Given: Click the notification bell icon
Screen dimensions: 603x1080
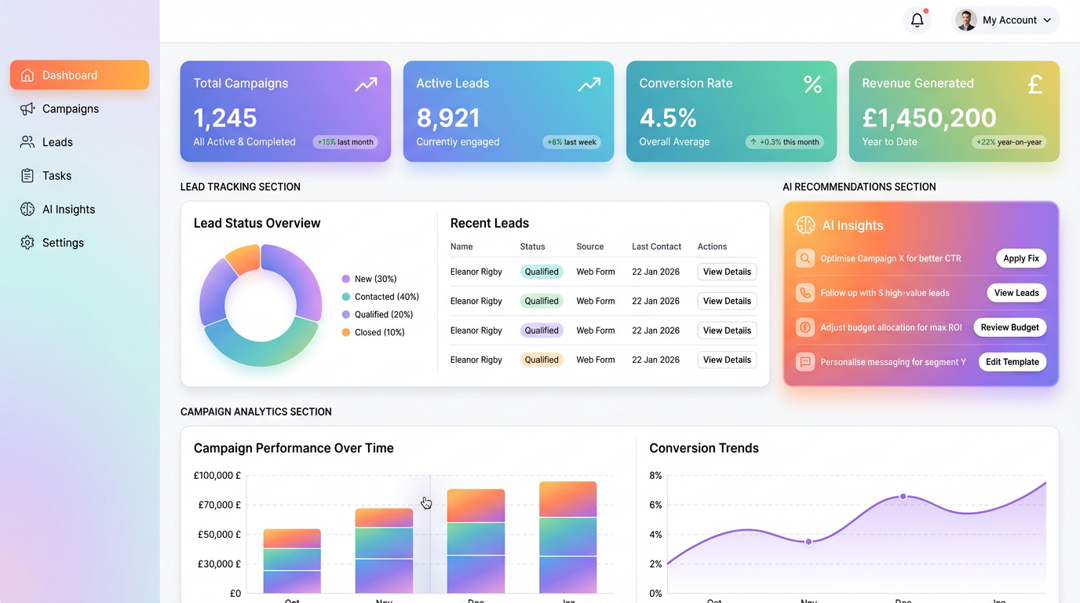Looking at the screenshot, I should coord(917,20).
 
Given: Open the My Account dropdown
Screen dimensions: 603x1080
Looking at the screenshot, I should coord(1005,20).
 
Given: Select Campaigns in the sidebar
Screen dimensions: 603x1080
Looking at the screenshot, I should coord(70,109).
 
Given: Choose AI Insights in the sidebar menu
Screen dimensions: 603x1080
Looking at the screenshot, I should coord(68,210).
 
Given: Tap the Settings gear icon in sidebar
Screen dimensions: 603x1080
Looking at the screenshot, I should coord(27,243).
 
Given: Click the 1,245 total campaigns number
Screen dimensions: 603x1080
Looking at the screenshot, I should coord(225,118).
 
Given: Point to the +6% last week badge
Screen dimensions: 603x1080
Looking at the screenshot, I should coord(571,142).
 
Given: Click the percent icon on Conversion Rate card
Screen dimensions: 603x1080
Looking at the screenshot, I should coord(812,85).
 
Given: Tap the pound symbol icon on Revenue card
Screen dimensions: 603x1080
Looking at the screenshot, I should coord(1035,85).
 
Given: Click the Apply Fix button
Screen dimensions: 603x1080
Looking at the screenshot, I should coord(1020,258).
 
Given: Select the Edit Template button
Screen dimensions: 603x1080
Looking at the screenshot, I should coord(1012,362).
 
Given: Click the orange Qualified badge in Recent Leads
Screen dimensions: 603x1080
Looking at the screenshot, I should coord(542,360).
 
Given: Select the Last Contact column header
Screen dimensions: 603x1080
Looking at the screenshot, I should coord(656,247).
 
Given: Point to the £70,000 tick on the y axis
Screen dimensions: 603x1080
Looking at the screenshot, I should coord(217,505).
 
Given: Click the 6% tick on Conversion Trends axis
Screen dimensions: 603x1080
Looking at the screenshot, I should coord(655,505).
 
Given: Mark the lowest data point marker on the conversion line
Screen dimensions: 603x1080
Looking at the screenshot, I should coord(809,542).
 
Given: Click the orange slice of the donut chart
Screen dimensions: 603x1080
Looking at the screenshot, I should coord(243,258).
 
